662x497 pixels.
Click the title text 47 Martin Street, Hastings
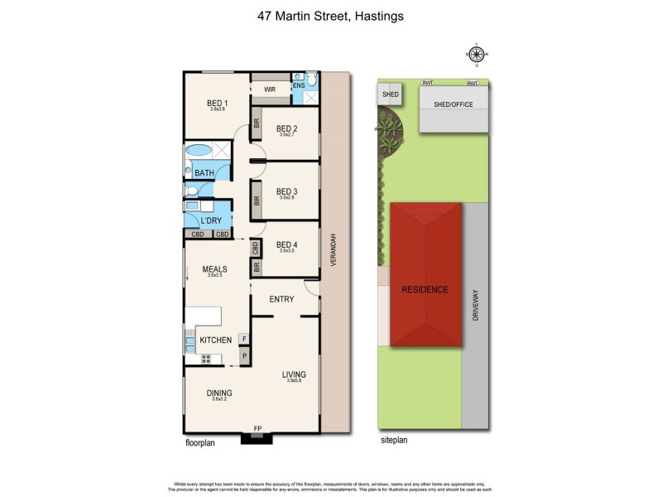click(330, 16)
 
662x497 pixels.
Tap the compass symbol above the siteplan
click(477, 55)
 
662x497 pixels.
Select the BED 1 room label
click(218, 104)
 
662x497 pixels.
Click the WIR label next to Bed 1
click(270, 89)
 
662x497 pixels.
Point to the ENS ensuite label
click(298, 84)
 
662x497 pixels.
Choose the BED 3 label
click(286, 191)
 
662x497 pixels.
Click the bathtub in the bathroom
click(199, 152)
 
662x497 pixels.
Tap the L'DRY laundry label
click(211, 220)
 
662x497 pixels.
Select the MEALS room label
click(214, 269)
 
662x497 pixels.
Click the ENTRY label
click(282, 299)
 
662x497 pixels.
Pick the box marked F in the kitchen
click(244, 339)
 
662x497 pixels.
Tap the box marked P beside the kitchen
click(244, 356)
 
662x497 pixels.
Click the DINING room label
click(219, 393)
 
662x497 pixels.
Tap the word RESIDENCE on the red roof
click(425, 290)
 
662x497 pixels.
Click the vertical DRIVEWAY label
click(475, 303)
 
